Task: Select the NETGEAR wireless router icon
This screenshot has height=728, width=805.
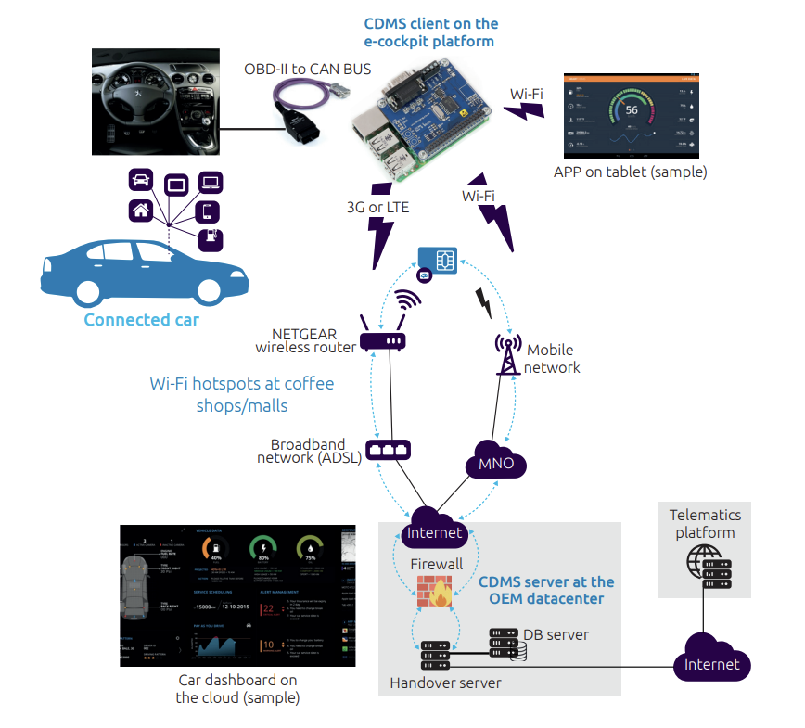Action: click(382, 340)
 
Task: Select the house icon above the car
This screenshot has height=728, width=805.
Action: click(141, 210)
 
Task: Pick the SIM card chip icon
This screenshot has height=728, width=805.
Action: click(437, 261)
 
